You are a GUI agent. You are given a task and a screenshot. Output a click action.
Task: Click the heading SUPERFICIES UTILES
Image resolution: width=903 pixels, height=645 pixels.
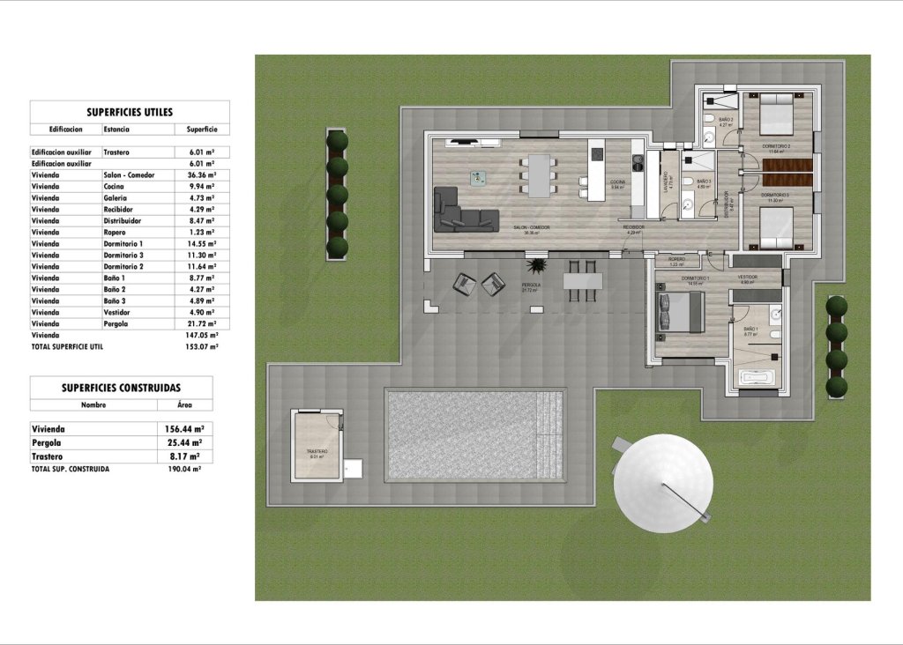(x=130, y=112)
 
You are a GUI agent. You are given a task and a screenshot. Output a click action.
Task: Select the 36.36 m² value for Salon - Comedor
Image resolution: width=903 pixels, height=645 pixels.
(x=202, y=175)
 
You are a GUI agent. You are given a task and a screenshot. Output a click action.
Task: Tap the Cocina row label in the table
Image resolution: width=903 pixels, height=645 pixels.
(x=115, y=187)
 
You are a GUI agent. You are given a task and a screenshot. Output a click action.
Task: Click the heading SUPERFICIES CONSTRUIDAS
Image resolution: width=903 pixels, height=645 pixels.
(x=121, y=387)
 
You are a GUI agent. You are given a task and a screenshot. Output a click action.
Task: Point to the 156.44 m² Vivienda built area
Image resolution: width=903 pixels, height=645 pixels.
(x=184, y=429)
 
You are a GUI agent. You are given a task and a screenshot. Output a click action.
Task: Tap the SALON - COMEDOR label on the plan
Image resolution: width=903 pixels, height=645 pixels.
(x=532, y=227)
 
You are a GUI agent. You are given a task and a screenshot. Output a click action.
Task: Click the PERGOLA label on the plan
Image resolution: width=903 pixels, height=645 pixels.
(x=531, y=285)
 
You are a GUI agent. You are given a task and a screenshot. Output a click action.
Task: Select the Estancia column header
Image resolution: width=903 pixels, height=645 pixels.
(x=116, y=129)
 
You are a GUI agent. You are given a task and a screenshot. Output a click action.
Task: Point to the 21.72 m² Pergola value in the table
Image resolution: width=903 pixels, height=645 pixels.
(x=202, y=324)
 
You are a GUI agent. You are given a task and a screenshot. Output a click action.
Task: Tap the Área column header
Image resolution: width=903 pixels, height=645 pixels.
(x=173, y=405)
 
